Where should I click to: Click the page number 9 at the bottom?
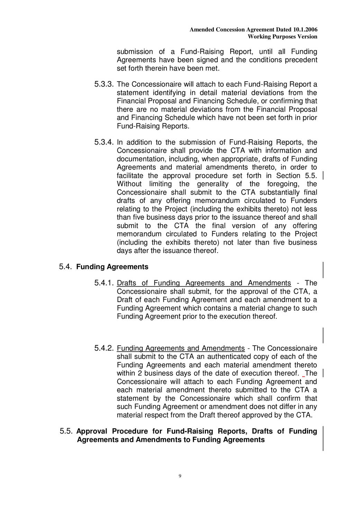[x=180, y=476]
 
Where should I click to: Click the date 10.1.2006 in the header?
[x=305, y=30]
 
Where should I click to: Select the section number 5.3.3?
[x=104, y=84]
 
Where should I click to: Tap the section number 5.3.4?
[x=104, y=142]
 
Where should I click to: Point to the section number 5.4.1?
[x=104, y=283]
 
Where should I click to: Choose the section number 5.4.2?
[x=104, y=348]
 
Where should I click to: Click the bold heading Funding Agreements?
[x=112, y=267]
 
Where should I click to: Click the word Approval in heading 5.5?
[x=92, y=431]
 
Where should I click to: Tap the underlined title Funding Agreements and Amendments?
[x=181, y=348]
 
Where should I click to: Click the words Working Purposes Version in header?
[x=282, y=37]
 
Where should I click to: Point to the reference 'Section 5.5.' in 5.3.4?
[x=296, y=176]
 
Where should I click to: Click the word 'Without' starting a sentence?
[x=129, y=184]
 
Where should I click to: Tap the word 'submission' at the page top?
[x=135, y=52]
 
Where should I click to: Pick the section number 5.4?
[x=65, y=267]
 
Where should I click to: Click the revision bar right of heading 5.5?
[x=323, y=438]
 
